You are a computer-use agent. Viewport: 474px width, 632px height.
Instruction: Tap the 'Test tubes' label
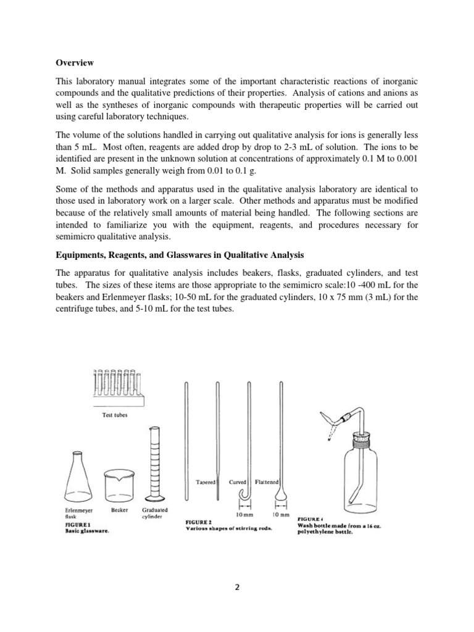point(115,415)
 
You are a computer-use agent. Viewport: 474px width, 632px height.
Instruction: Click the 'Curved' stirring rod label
point(238,482)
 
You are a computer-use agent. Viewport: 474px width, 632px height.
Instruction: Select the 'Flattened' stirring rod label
point(268,482)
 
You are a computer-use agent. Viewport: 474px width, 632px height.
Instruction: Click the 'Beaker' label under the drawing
point(120,510)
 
